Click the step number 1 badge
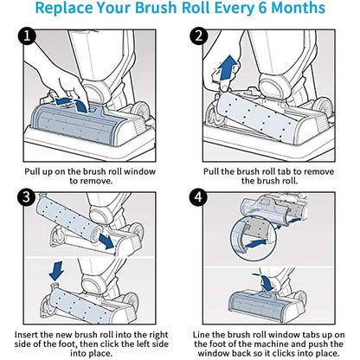27,36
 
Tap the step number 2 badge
199,36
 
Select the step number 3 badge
26,197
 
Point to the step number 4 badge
198,197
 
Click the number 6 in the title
262,8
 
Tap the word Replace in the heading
64,9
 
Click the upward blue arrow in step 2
228,67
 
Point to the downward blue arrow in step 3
56,271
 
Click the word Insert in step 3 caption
26,335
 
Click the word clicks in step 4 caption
287,353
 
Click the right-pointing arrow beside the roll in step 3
106,241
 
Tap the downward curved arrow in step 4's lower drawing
266,282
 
